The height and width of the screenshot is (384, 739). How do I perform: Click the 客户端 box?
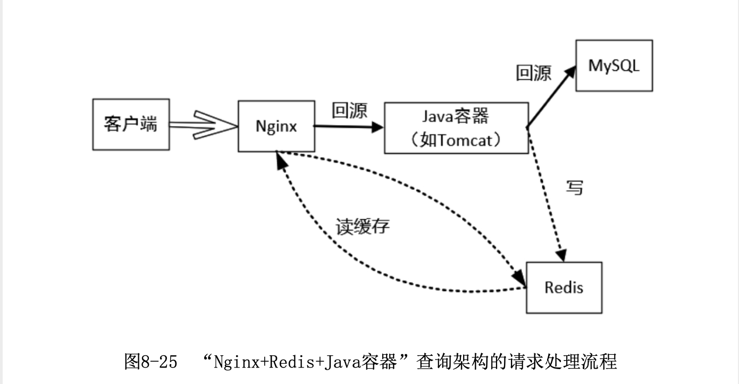click(131, 124)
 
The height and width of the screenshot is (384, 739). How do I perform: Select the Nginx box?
click(275, 126)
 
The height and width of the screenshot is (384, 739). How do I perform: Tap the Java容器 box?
click(456, 128)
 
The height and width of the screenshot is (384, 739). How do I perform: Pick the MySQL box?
click(614, 65)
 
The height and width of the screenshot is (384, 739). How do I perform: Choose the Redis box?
click(564, 287)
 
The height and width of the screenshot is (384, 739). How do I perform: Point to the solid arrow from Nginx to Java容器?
click(348, 127)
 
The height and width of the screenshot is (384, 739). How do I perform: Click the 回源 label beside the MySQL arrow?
click(533, 73)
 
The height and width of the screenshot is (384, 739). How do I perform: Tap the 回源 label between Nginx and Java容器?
click(349, 110)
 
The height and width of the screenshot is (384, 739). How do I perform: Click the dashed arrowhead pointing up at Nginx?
click(281, 161)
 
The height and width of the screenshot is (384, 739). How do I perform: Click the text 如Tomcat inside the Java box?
click(456, 140)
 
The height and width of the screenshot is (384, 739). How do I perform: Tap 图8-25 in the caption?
click(150, 362)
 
